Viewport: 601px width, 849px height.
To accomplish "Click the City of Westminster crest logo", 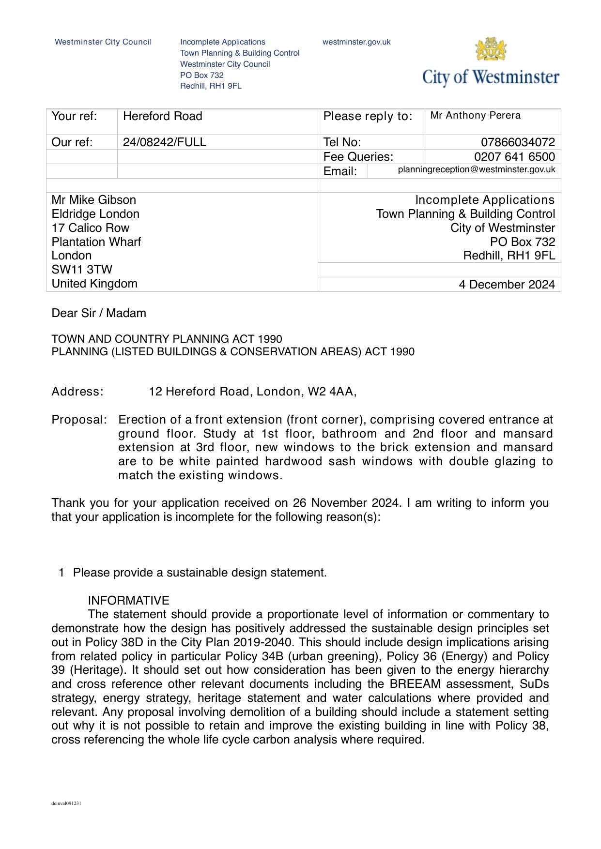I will pyautogui.click(x=491, y=49).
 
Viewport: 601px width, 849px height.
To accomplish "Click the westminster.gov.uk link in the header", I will pyautogui.click(x=356, y=42).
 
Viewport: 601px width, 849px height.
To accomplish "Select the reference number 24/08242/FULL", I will pyautogui.click(x=165, y=142).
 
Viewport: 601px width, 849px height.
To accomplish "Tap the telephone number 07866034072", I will pyautogui.click(x=518, y=142).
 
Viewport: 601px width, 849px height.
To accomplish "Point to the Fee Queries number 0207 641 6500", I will pyautogui.click(x=514, y=157).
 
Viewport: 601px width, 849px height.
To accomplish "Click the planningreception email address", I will pyautogui.click(x=477, y=169).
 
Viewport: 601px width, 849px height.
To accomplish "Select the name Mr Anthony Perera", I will pyautogui.click(x=476, y=116).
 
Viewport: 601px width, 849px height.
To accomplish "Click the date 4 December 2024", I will pyautogui.click(x=507, y=285).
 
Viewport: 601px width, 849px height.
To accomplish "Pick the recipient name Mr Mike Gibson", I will pyautogui.click(x=94, y=200).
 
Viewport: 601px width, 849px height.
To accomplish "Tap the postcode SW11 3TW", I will pyautogui.click(x=82, y=270).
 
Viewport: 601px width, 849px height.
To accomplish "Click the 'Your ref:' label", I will pyautogui.click(x=74, y=116).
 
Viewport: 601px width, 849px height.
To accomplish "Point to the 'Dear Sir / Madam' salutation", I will pyautogui.click(x=99, y=313).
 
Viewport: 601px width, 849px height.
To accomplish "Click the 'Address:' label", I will pyautogui.click(x=77, y=392).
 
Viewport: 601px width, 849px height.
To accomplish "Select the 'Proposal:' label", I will pyautogui.click(x=79, y=420).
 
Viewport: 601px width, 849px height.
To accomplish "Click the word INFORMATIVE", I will pyautogui.click(x=128, y=601).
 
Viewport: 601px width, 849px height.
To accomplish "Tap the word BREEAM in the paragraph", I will pyautogui.click(x=415, y=684).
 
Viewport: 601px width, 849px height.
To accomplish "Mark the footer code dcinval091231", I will pyautogui.click(x=66, y=804).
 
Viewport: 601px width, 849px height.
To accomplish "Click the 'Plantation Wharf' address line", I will pyautogui.click(x=96, y=242).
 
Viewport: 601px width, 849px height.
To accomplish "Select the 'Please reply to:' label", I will pyautogui.click(x=368, y=116).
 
